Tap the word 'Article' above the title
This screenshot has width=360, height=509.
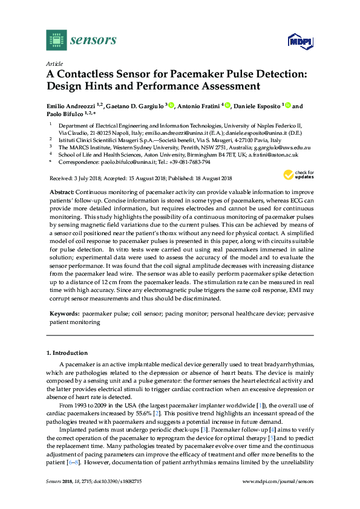point(54,63)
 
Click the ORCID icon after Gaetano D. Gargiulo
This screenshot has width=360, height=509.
point(172,106)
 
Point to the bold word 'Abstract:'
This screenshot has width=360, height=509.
point(62,190)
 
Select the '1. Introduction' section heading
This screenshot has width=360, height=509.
point(67,352)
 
